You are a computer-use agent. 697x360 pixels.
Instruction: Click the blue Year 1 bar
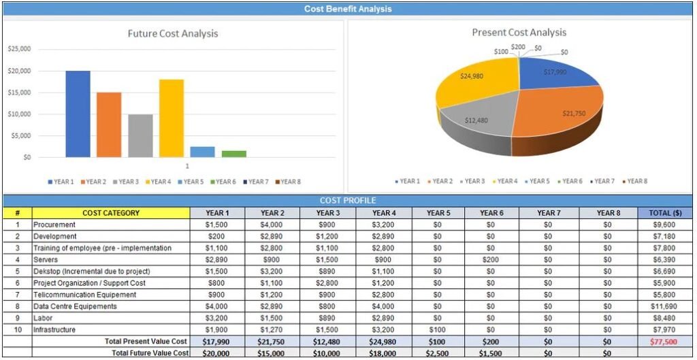[78, 114]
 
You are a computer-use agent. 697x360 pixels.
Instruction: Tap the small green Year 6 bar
[233, 154]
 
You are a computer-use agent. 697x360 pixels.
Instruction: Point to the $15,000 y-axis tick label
[19, 93]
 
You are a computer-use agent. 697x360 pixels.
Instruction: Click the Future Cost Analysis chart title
[173, 33]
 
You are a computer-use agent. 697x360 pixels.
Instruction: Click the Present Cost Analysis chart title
[519, 32]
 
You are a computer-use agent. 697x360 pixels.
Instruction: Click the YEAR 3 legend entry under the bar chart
[125, 182]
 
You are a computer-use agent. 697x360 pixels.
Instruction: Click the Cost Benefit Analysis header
[348, 9]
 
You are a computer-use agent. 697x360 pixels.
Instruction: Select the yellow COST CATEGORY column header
[111, 213]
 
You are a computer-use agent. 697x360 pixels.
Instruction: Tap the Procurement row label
[55, 225]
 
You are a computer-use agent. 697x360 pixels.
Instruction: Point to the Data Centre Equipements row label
[75, 306]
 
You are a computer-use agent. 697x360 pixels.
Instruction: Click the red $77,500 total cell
[664, 342]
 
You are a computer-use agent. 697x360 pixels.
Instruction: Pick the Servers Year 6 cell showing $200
[491, 260]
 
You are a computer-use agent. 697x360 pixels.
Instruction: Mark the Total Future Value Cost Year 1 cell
[216, 353]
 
